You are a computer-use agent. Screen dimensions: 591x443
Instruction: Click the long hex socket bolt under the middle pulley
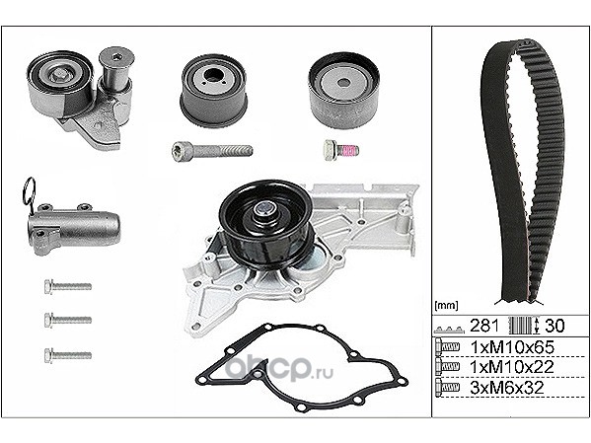[212, 150]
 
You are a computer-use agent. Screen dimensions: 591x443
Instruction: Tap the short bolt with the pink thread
[341, 150]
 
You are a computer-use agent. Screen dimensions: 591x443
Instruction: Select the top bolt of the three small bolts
[68, 286]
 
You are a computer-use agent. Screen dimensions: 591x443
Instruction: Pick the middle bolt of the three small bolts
[68, 320]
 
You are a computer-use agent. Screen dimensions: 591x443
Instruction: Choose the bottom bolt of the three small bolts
[68, 355]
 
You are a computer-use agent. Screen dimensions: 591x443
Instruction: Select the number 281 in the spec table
[484, 326]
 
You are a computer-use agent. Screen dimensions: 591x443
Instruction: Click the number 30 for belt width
[554, 326]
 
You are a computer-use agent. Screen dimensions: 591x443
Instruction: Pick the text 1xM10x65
[513, 347]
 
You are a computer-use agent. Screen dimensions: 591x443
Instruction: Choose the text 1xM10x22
[513, 366]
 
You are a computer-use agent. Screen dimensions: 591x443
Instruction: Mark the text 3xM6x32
[507, 387]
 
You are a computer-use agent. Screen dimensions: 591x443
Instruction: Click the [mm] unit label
[446, 306]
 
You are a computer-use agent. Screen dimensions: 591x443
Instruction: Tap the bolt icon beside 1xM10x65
[447, 347]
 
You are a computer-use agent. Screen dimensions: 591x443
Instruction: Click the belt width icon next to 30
[525, 326]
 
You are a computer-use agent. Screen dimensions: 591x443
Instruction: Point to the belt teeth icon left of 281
[450, 330]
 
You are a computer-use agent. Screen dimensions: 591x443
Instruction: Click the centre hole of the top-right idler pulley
[343, 83]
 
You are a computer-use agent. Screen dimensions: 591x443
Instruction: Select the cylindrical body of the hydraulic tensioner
[75, 227]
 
